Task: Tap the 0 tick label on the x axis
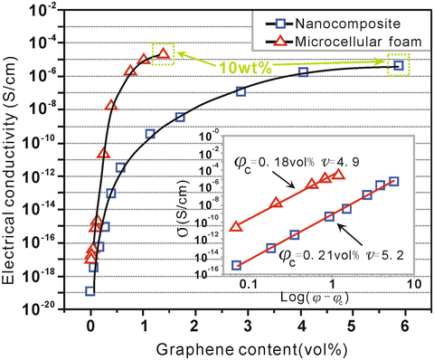[x=90, y=323]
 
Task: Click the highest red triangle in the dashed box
[x=163, y=53]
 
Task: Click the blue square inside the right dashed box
[x=398, y=65]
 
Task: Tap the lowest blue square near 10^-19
[x=90, y=290]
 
